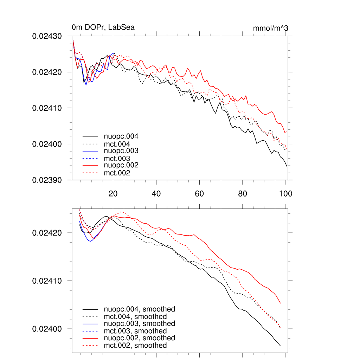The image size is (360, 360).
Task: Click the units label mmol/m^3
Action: pos(270,28)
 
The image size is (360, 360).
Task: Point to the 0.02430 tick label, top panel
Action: pos(47,36)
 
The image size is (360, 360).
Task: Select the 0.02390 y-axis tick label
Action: pos(47,180)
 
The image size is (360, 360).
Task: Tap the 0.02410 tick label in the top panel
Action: pos(47,108)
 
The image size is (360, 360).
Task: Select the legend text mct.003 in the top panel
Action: pos(117,158)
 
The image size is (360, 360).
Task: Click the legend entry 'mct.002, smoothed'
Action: pos(135,346)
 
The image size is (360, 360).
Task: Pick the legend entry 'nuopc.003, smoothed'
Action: pos(139,323)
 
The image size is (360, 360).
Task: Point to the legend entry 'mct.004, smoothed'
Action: pos(135,316)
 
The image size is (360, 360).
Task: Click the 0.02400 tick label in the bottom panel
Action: pos(47,329)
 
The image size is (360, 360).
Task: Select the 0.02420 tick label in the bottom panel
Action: pos(47,233)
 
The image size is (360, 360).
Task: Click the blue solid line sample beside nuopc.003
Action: pos(90,151)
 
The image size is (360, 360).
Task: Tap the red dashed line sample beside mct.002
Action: pos(90,173)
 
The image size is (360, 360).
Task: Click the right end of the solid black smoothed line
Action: pos(280,346)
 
